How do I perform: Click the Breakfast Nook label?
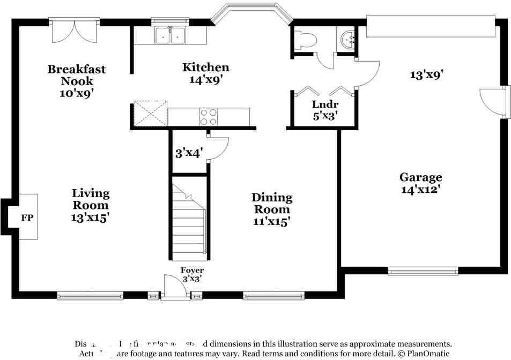[77, 80]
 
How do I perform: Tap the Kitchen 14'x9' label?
[206, 73]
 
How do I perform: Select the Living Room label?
[91, 205]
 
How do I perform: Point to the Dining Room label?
[272, 209]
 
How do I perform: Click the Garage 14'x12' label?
[420, 183]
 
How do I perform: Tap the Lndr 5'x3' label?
[325, 110]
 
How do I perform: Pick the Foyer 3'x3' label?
[191, 274]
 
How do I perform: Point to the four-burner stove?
[209, 117]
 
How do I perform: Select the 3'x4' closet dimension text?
[188, 153]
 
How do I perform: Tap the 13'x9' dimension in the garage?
[426, 75]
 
